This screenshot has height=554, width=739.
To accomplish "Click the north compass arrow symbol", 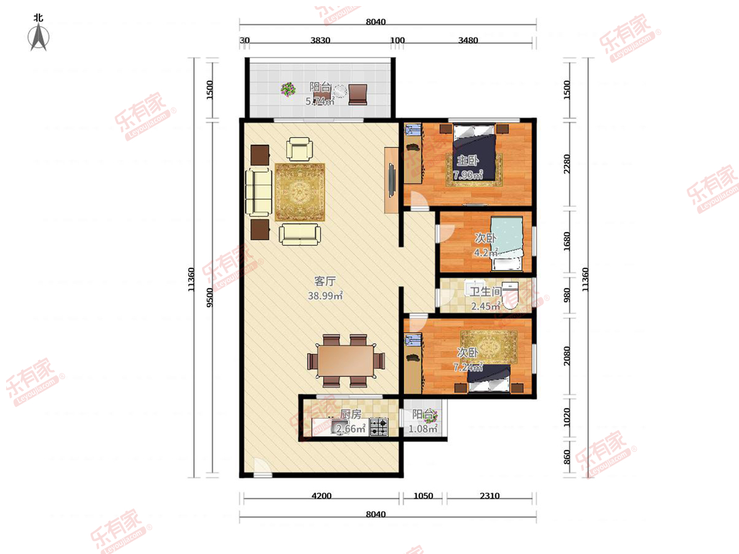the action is (38, 37).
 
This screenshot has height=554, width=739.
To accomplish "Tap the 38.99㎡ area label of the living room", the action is (325, 295).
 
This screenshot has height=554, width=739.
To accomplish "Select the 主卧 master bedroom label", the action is (467, 161).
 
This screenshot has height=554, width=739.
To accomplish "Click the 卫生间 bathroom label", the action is (485, 291).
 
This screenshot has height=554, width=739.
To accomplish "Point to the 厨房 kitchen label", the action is (350, 414).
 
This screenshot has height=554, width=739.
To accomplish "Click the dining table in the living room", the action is (345, 361).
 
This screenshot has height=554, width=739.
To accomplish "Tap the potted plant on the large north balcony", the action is (288, 89).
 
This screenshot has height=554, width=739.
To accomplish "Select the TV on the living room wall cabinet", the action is (392, 180).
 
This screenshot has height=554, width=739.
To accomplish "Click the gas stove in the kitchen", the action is (379, 427).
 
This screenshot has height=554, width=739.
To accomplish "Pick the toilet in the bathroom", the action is (510, 296).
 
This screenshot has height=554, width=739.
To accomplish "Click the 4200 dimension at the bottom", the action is (321, 496).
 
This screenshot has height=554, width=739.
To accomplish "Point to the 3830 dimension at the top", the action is (320, 41).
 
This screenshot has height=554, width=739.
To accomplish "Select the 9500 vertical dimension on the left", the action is (209, 298).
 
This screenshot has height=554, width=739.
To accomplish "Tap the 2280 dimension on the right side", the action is (567, 164).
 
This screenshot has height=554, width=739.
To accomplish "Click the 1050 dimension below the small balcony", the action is (423, 496).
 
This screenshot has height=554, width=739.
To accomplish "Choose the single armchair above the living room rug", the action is (299, 149).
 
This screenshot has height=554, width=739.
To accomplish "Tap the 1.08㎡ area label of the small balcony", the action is (423, 428).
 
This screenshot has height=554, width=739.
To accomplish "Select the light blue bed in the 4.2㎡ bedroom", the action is (507, 244).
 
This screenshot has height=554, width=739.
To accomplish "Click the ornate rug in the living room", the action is (300, 192).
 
